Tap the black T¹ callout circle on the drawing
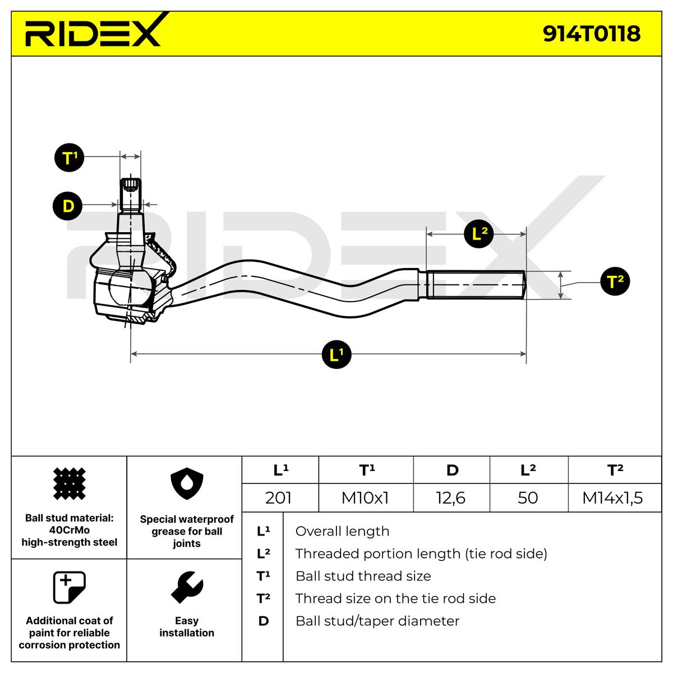coord(69,157)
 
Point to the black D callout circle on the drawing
coord(67,205)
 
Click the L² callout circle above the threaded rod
coord(479,233)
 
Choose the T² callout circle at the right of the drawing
coord(615,281)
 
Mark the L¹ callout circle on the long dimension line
coord(336,354)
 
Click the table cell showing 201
coord(278,497)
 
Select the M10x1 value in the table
coord(365,497)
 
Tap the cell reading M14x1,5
coord(612,497)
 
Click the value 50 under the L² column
coord(527,497)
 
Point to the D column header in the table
coord(452,470)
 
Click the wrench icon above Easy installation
coord(187,588)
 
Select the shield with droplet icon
coord(187,483)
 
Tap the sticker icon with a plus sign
coord(69,587)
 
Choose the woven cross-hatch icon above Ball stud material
coord(69,483)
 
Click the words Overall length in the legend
coord(342,531)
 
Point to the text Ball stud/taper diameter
coord(377,621)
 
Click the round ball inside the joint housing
coord(130,285)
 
